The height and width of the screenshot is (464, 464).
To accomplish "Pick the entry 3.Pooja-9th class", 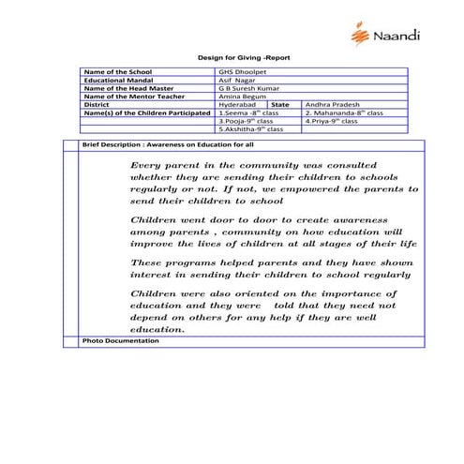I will coord(246,121).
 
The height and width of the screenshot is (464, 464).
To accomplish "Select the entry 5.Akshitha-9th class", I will coord(250,129).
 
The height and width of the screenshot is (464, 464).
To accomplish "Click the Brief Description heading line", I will coord(169,146).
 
